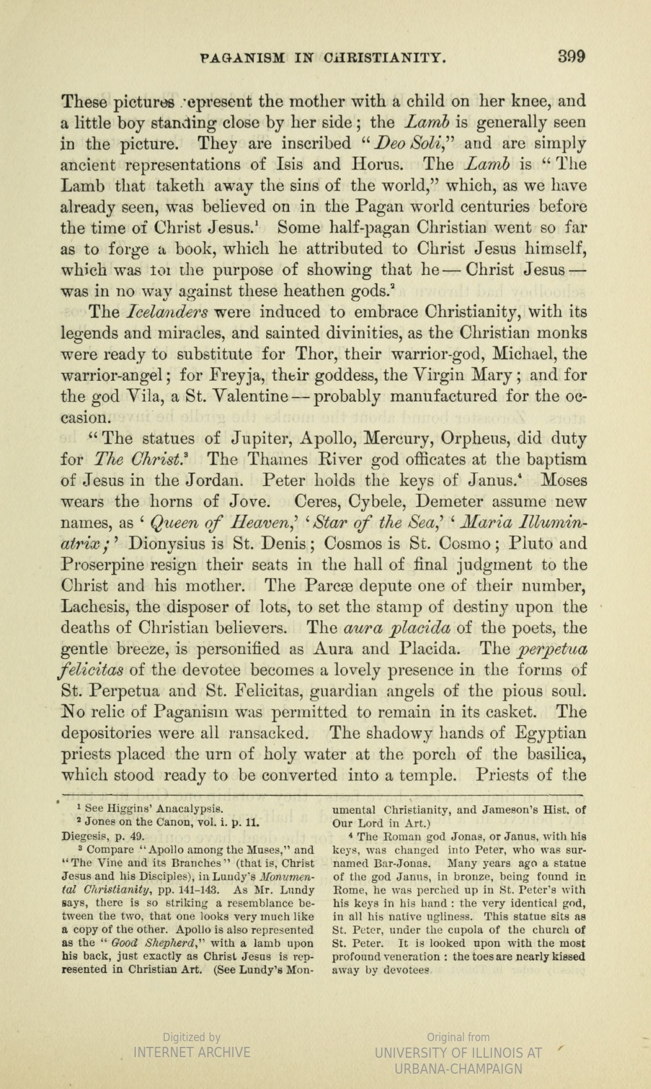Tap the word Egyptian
(546, 733)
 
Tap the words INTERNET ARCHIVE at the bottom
(191, 1052)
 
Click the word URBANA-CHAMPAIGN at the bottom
(458, 1069)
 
